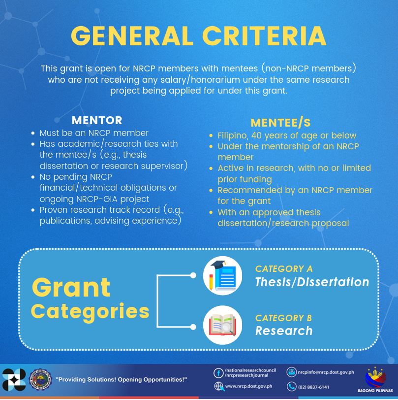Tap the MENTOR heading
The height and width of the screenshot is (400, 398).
[x=97, y=120]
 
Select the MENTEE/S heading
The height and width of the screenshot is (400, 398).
[x=280, y=123]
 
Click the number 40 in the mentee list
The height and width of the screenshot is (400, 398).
[x=257, y=135]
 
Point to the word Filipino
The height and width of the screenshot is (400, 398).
[x=232, y=135]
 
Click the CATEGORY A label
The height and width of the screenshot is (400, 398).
[x=284, y=269]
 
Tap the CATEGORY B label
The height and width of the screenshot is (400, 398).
[x=283, y=318]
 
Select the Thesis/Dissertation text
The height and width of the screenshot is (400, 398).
[x=312, y=282]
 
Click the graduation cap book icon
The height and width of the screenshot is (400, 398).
[x=223, y=275]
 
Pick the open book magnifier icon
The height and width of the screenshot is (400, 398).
[x=223, y=325]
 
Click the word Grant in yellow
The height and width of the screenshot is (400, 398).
[x=71, y=288]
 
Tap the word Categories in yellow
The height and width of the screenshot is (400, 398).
[x=90, y=312]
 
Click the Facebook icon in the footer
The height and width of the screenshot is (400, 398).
[x=218, y=373]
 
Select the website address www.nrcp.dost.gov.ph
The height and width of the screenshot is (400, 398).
[x=248, y=386]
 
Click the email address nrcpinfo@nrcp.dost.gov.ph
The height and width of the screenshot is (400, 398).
[x=326, y=372]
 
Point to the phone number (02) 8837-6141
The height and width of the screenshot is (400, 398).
[x=313, y=387]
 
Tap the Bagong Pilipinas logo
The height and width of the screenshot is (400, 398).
[x=375, y=379]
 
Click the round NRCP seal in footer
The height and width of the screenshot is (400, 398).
[x=40, y=379]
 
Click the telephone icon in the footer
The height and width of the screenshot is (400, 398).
[x=291, y=387]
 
